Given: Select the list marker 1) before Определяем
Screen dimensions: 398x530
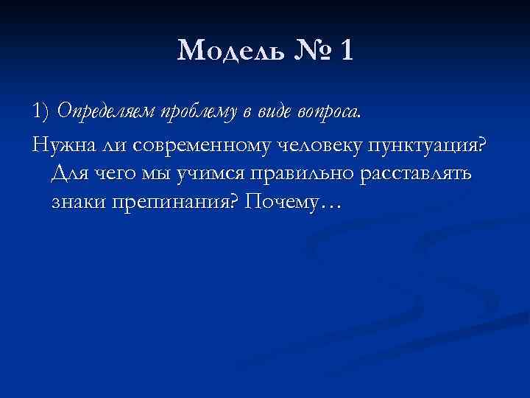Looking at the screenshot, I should tap(41, 112).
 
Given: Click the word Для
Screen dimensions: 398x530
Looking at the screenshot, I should tap(71, 174).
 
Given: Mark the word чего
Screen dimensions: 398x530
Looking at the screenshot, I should tap(118, 174).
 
